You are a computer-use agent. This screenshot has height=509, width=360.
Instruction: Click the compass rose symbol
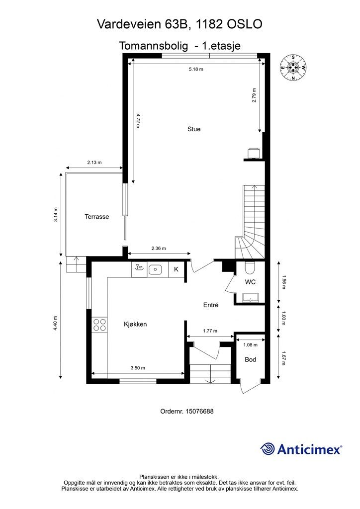[x=293, y=68]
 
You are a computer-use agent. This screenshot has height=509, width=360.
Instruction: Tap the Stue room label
[x=194, y=129]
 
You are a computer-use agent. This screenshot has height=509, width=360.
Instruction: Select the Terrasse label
[x=96, y=217]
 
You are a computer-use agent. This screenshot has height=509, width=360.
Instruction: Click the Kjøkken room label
[x=135, y=324]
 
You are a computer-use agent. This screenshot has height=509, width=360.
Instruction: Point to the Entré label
[x=211, y=305]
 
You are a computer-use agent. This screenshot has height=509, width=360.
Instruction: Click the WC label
[x=250, y=282]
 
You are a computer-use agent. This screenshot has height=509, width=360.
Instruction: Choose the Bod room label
[x=251, y=359]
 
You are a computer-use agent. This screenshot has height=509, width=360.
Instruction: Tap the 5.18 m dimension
[x=196, y=70]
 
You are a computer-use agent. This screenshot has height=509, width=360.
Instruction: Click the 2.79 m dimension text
[x=254, y=94]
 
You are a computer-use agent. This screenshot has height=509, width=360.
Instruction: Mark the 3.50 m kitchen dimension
[x=138, y=368]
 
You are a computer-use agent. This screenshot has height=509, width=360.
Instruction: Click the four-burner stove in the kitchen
[x=99, y=325]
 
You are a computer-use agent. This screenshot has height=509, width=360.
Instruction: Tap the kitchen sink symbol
[x=156, y=269]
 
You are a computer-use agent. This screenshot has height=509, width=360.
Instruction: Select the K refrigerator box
[x=176, y=269]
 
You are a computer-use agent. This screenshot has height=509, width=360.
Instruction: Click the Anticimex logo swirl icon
[x=268, y=449]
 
